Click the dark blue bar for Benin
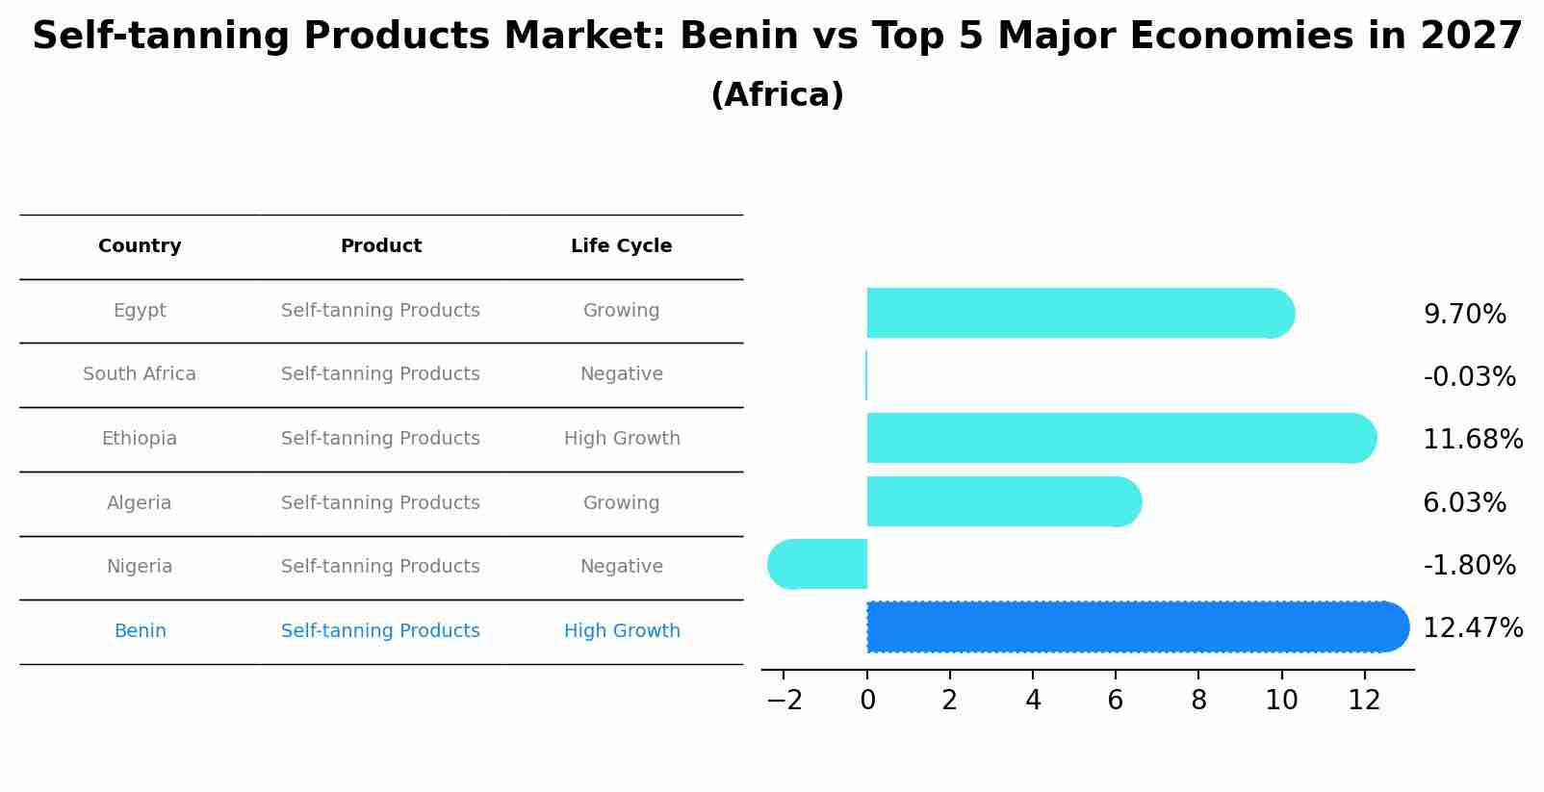click(x=1136, y=626)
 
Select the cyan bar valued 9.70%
click(x=1078, y=313)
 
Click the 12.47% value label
click(x=1472, y=628)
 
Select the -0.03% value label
click(x=1469, y=376)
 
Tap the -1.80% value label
click(x=1469, y=565)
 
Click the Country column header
click(x=140, y=246)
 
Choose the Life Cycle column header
click(x=621, y=246)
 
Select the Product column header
click(x=380, y=246)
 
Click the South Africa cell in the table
click(x=140, y=374)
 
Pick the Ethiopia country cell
click(x=140, y=439)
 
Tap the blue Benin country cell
click(x=140, y=631)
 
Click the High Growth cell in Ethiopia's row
click(x=622, y=439)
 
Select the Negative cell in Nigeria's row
click(x=621, y=567)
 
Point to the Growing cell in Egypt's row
click(x=621, y=311)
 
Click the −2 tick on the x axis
click(x=785, y=700)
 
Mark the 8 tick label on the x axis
click(x=1198, y=700)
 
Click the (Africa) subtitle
click(x=777, y=95)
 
